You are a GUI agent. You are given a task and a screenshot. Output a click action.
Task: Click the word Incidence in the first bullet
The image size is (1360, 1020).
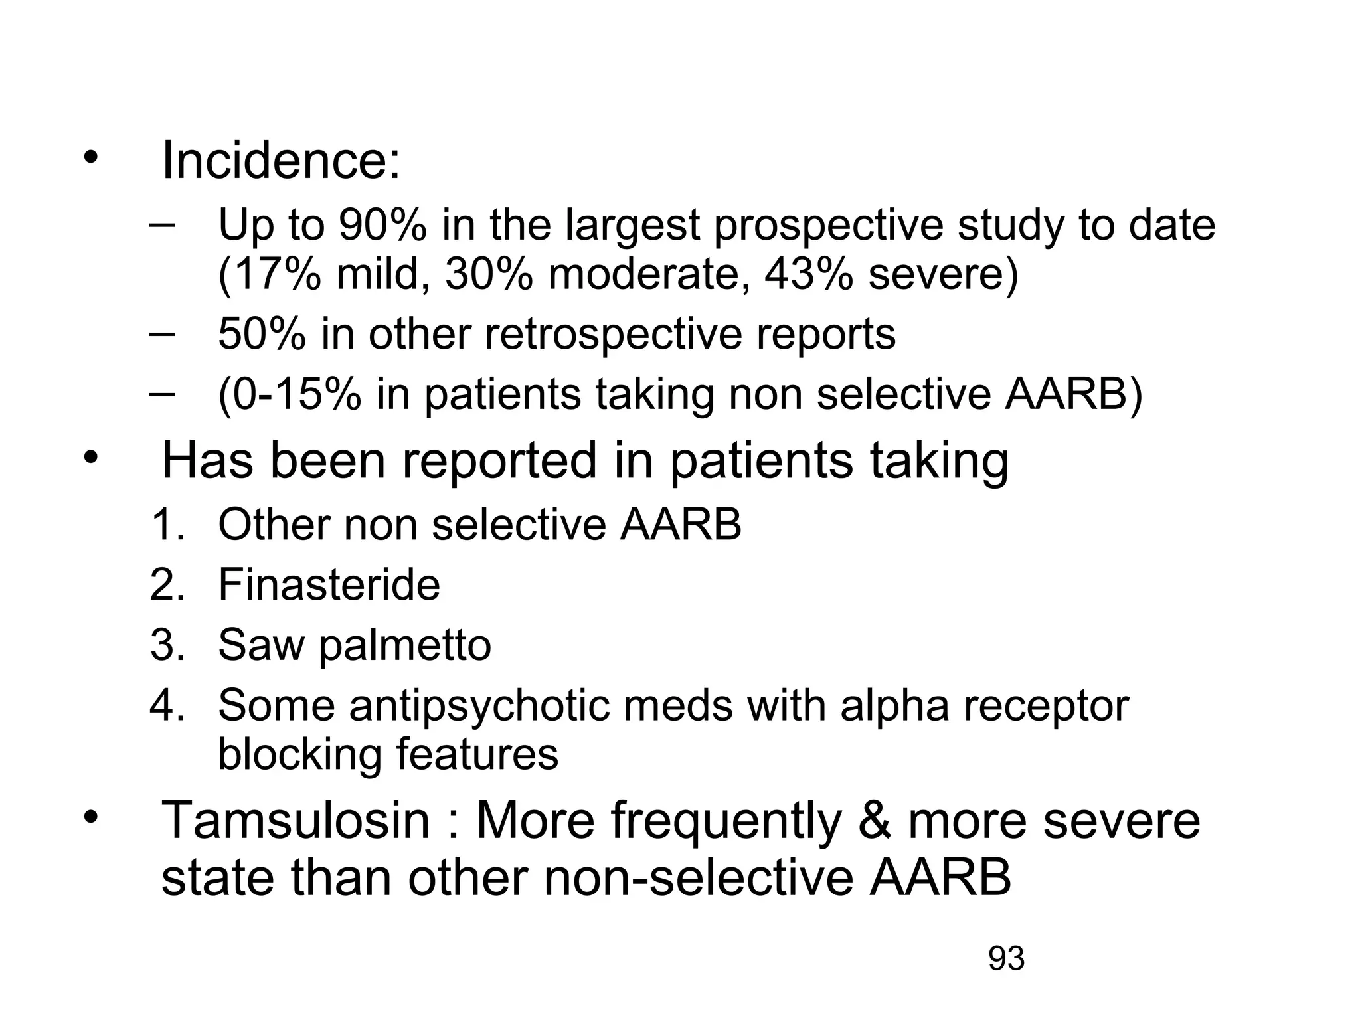point(280,161)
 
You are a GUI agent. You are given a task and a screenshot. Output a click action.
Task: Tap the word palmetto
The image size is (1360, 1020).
point(405,645)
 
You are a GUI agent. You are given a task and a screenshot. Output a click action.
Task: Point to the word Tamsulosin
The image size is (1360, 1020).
point(296,821)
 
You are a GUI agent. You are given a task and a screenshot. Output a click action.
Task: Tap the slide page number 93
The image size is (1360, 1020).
point(1006,959)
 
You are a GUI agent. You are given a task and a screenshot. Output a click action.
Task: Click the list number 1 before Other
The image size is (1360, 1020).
point(165,525)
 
